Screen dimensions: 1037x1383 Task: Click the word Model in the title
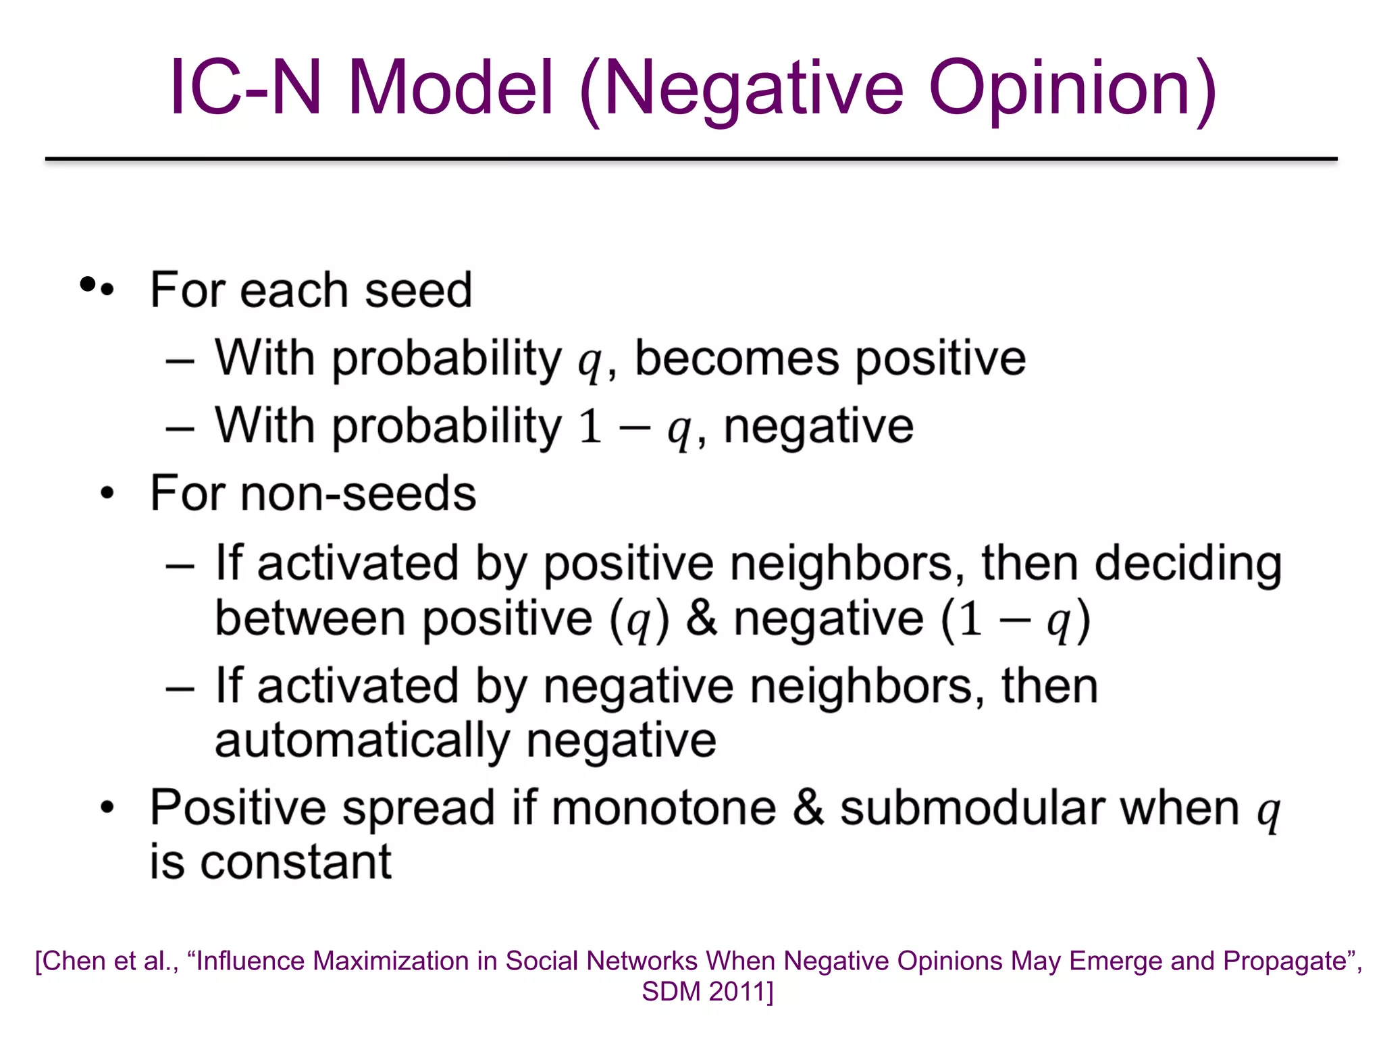[x=450, y=88]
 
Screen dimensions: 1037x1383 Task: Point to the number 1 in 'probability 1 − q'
[x=590, y=426]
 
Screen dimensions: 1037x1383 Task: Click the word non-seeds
[x=358, y=494]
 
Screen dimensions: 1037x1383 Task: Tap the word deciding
[x=1188, y=564]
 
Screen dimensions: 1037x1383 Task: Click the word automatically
[x=361, y=741]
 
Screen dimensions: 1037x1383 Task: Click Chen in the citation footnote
[x=74, y=961]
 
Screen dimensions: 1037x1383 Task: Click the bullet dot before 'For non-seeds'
[x=107, y=494]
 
